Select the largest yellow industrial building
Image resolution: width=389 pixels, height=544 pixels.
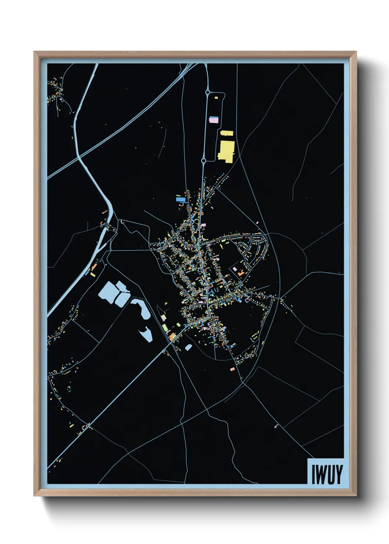[x=226, y=151]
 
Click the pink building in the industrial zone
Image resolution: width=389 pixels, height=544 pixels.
[x=214, y=120]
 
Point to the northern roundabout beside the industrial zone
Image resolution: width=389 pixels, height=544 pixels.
[x=208, y=92]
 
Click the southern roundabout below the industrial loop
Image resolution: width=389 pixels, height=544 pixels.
[x=204, y=161]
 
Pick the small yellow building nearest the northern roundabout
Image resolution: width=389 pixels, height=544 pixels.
[x=216, y=98]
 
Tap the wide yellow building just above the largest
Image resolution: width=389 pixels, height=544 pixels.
[x=227, y=133]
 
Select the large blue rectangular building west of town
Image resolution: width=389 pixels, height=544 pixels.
[x=181, y=199]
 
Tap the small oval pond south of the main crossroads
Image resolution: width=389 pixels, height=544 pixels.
[x=188, y=347]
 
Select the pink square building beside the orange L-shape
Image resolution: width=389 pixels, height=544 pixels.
[x=235, y=269]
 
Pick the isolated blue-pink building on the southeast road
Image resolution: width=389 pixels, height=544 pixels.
[x=276, y=426]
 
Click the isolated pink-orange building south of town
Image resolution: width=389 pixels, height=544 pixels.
[x=232, y=369]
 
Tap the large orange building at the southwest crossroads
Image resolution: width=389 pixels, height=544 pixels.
[x=172, y=336]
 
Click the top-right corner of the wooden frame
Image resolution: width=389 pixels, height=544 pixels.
[x=356, y=52]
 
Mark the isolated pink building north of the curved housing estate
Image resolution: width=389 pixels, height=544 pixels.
[x=257, y=223]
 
